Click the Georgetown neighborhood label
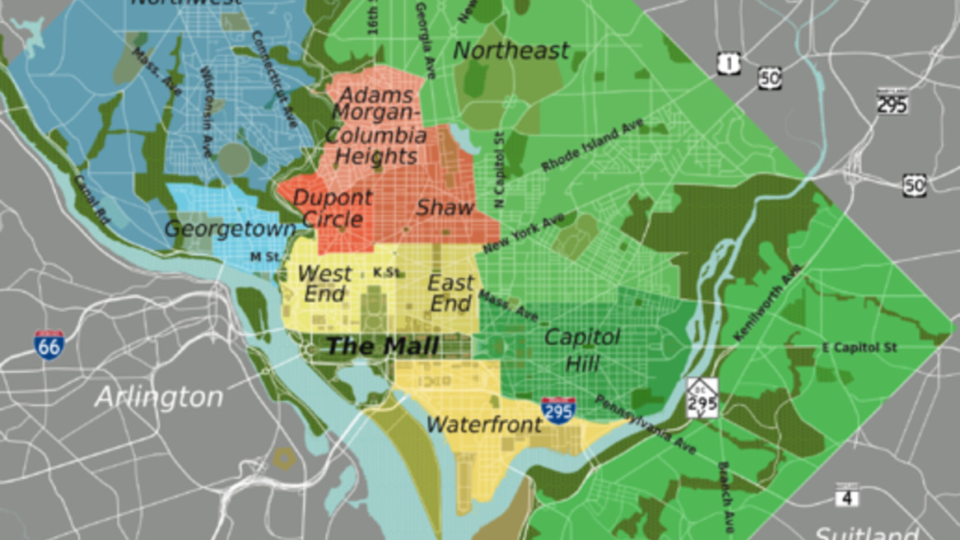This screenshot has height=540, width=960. click(x=230, y=229)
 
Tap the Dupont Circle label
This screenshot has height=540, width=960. click(x=333, y=209)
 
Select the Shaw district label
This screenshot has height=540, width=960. click(x=445, y=208)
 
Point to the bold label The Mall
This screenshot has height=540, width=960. click(x=382, y=346)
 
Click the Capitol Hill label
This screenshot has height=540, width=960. click(x=582, y=349)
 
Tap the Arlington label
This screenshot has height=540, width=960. click(x=159, y=398)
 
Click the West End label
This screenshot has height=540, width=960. click(x=324, y=283)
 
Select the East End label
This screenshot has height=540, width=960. click(x=450, y=293)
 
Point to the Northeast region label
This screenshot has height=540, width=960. click(x=511, y=51)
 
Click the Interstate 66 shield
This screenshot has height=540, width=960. click(x=49, y=344)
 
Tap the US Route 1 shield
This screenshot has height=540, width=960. click(x=728, y=63)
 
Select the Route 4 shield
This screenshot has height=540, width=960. click(x=846, y=496)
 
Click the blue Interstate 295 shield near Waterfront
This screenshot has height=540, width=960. click(x=558, y=410)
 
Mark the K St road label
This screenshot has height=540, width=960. click(x=386, y=272)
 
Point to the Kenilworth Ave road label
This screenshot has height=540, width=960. click(x=767, y=303)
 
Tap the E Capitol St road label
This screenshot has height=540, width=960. click(x=859, y=347)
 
